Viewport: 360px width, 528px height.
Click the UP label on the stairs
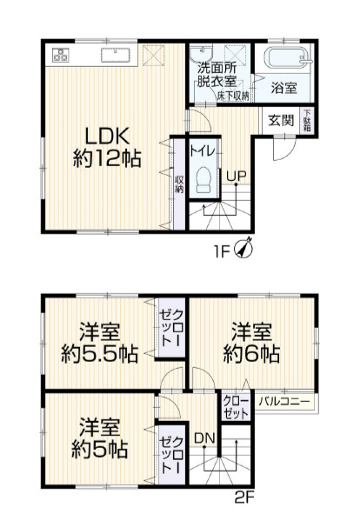235,175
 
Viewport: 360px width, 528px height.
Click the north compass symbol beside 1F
245,249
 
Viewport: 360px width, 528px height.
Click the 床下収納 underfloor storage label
233,94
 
